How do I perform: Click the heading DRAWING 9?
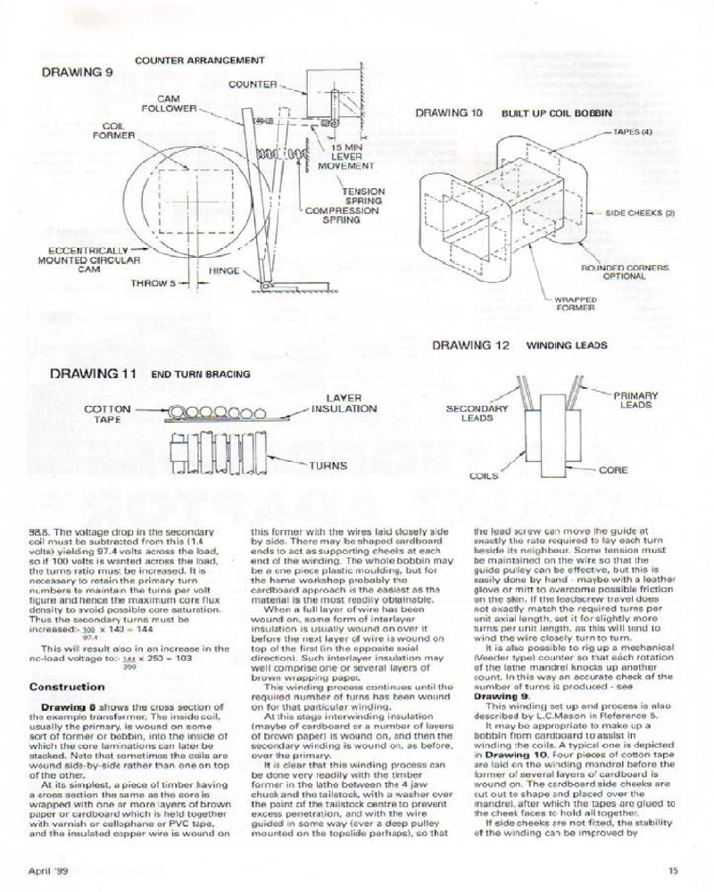click(x=71, y=72)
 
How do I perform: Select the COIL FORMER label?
click(x=113, y=130)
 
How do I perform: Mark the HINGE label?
click(x=225, y=268)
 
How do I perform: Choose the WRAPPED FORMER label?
click(x=576, y=303)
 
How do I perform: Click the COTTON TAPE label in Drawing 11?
click(x=108, y=413)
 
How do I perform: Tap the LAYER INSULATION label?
click(x=344, y=402)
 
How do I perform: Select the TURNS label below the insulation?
click(x=328, y=465)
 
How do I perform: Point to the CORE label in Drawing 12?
click(x=613, y=470)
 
